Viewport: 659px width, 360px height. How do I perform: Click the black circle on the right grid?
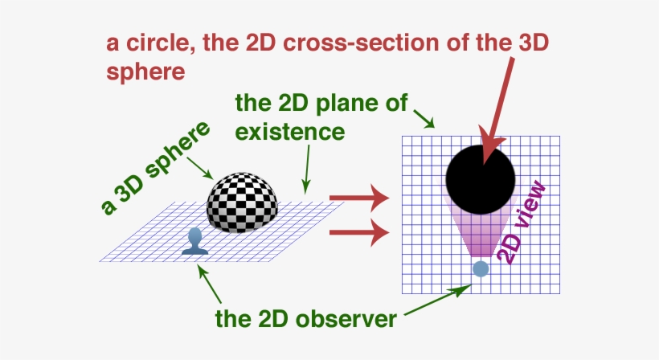(x=481, y=179)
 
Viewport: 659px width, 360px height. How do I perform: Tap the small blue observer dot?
(x=481, y=269)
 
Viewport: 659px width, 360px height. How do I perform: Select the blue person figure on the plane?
(x=194, y=242)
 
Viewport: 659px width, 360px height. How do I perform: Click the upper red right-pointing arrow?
(x=358, y=195)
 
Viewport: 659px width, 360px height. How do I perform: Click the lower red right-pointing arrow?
(x=358, y=233)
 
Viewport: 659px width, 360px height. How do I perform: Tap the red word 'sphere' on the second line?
(x=146, y=71)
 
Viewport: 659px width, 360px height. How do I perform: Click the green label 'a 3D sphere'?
(x=145, y=170)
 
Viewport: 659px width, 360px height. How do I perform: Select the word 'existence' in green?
(x=290, y=129)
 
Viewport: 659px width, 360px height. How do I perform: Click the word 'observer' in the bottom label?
(x=346, y=319)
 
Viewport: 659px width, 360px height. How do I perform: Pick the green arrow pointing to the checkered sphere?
(x=199, y=166)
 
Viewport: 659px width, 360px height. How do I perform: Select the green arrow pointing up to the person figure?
(x=210, y=282)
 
